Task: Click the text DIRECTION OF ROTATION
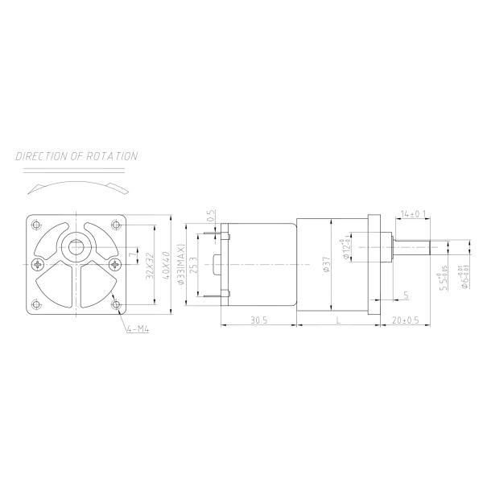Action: pos(76,156)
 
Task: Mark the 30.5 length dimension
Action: pos(258,320)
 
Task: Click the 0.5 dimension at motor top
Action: pos(209,215)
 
